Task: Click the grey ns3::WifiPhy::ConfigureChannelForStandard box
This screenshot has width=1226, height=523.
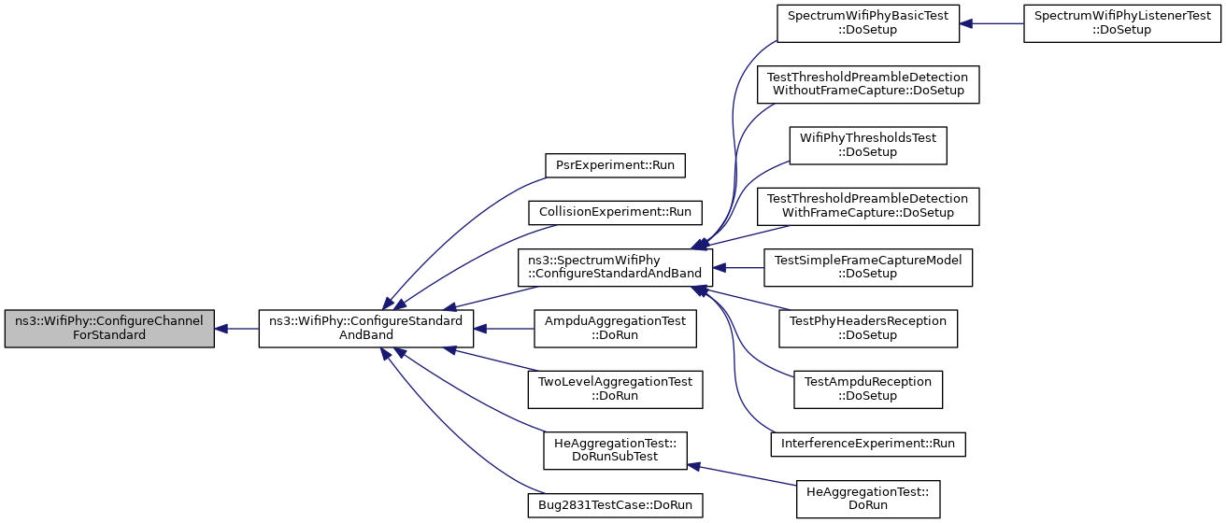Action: pyautogui.click(x=109, y=328)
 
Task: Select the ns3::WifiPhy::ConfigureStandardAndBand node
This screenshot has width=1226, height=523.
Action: pyautogui.click(x=365, y=328)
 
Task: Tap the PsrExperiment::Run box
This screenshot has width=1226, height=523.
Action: pyautogui.click(x=615, y=165)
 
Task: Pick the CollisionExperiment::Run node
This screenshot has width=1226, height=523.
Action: pyautogui.click(x=615, y=212)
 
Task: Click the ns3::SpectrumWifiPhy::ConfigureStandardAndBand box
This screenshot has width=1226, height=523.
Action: pyautogui.click(x=615, y=267)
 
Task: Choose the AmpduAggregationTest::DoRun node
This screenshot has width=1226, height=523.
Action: pyautogui.click(x=615, y=328)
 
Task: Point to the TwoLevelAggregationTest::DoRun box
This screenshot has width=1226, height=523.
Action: pyautogui.click(x=615, y=389)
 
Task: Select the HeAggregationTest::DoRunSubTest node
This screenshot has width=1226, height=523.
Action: pyautogui.click(x=615, y=450)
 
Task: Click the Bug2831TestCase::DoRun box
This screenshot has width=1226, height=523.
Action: pyautogui.click(x=615, y=505)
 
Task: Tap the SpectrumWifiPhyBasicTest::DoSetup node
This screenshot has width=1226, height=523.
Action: pyautogui.click(x=868, y=23)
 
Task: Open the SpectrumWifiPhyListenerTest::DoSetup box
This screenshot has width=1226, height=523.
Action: pyautogui.click(x=1122, y=23)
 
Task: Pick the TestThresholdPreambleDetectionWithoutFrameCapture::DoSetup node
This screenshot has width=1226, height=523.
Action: pyautogui.click(x=868, y=84)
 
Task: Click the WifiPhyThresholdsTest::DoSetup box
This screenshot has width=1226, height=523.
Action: pyautogui.click(x=868, y=146)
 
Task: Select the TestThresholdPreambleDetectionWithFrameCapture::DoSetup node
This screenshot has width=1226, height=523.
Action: pyautogui.click(x=868, y=206)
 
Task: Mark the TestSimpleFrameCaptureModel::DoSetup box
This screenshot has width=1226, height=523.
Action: pyautogui.click(x=868, y=267)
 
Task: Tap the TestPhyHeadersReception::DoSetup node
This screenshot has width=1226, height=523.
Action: pyautogui.click(x=868, y=328)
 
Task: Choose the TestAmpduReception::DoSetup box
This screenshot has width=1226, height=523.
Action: pyautogui.click(x=868, y=389)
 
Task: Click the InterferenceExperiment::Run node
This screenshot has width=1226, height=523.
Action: pyautogui.click(x=868, y=444)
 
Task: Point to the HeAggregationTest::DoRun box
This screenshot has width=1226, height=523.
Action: pyautogui.click(x=868, y=499)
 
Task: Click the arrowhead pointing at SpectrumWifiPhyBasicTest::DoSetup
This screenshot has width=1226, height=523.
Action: pyautogui.click(x=966, y=23)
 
